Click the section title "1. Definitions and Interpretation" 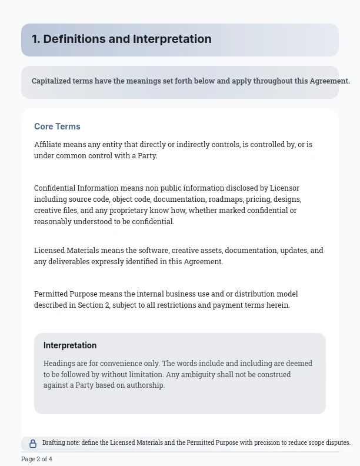click(x=121, y=39)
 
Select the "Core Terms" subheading click(x=57, y=127)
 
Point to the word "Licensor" click(x=285, y=188)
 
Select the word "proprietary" click(x=119, y=211)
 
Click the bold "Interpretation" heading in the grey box click(x=70, y=345)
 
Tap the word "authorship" click(x=146, y=385)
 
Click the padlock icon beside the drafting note click(x=33, y=444)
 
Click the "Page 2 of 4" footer click(x=36, y=459)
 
